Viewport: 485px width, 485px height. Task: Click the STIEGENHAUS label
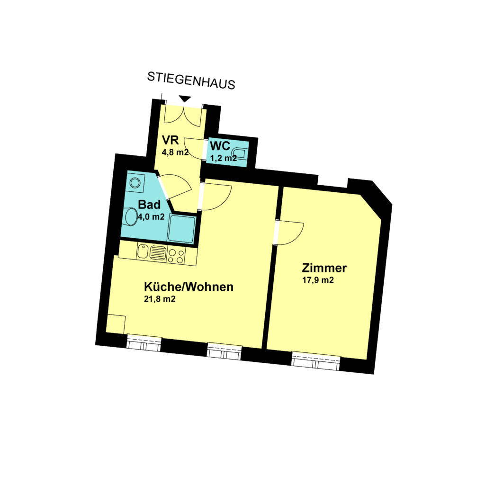(x=191, y=81)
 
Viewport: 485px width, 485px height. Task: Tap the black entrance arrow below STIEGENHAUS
(x=185, y=99)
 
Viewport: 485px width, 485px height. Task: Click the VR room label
(x=171, y=140)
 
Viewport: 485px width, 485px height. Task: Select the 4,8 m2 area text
(x=175, y=152)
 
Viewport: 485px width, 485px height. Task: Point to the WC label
(x=220, y=146)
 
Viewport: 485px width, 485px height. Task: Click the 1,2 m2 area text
(x=224, y=158)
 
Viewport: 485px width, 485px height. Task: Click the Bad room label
(x=149, y=205)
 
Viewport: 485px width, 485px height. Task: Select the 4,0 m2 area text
(x=151, y=217)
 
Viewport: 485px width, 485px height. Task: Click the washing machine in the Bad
(x=135, y=182)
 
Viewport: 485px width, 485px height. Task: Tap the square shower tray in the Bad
(x=181, y=229)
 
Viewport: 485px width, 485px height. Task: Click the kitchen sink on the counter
(x=152, y=252)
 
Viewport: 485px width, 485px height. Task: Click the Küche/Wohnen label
(x=189, y=287)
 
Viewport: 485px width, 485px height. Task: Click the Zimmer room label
(x=324, y=268)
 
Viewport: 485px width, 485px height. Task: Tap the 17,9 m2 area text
(x=318, y=280)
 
